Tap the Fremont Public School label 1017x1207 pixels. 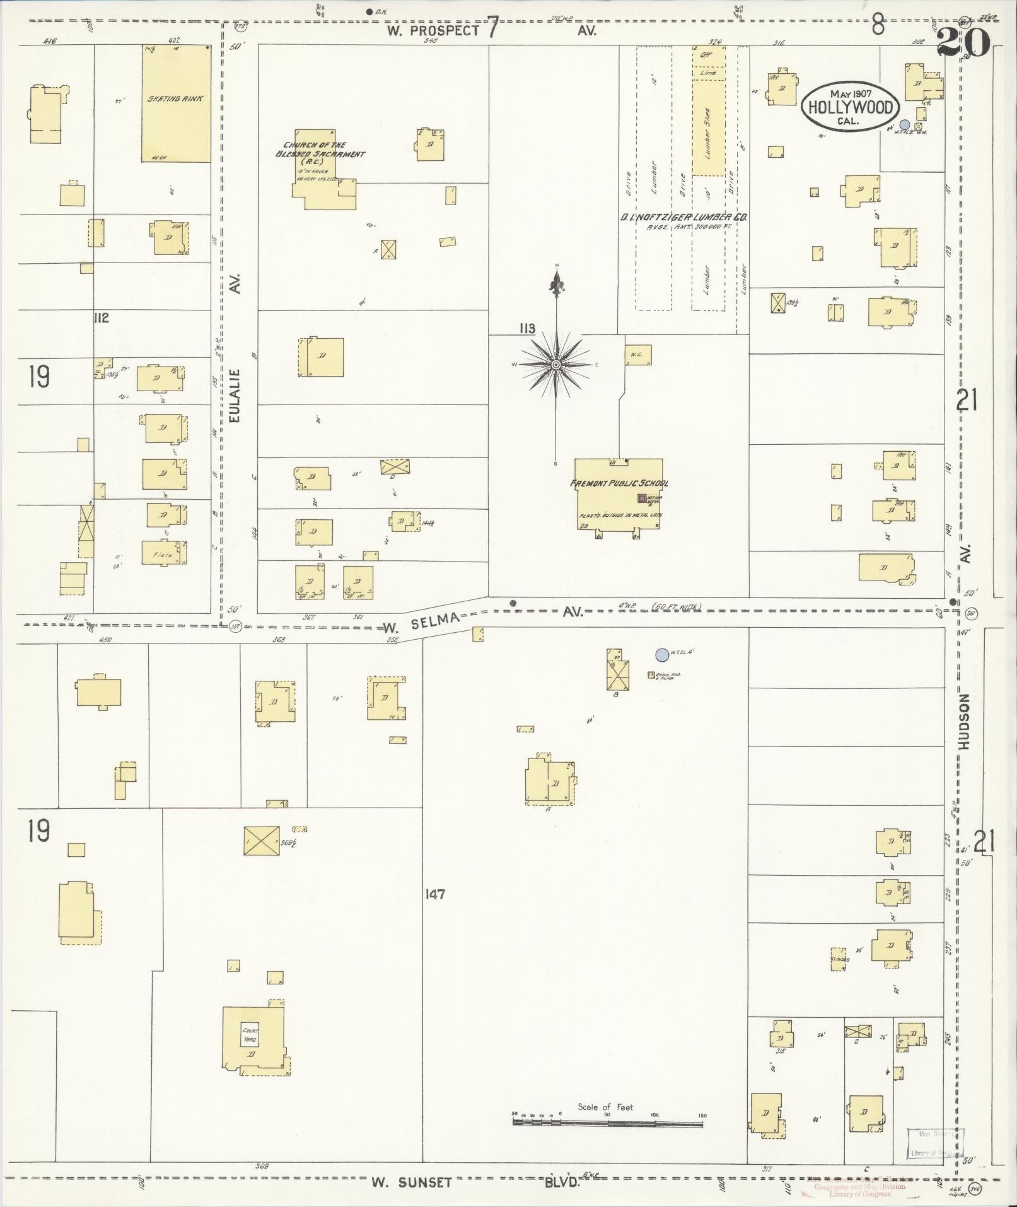coord(619,483)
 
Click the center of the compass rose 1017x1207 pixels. coord(556,365)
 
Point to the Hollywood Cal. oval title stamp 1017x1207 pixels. coord(850,107)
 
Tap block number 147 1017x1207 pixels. coord(435,894)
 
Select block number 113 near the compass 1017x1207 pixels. coord(527,328)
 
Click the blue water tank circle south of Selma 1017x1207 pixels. coord(661,655)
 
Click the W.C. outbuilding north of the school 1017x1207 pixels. coord(637,355)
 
